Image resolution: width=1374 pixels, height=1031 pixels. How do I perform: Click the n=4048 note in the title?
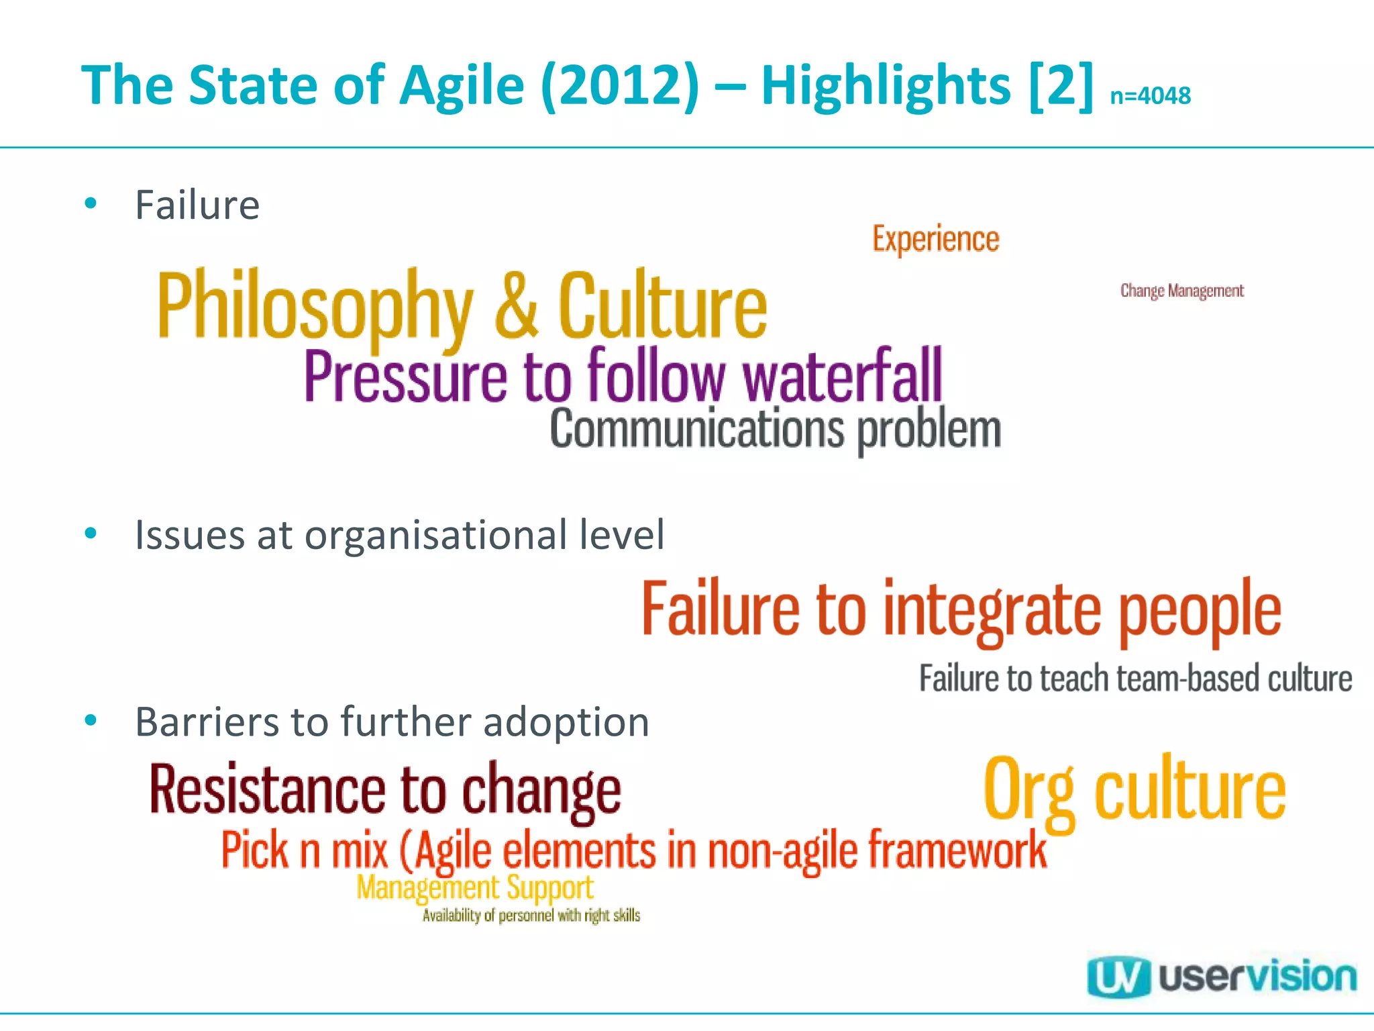pos(1150,96)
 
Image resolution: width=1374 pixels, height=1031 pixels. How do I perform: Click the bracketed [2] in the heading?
pos(1060,86)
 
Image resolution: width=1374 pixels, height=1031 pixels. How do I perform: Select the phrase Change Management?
pos(1181,291)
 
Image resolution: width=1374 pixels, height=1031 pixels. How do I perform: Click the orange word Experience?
pos(935,239)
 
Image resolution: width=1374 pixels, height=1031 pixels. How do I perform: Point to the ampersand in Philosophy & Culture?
pos(515,305)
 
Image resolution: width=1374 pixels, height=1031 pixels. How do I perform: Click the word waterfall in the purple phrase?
pos(842,376)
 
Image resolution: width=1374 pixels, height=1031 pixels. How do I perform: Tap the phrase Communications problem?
pos(775,430)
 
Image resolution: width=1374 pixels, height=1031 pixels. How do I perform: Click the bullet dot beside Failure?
pos(91,203)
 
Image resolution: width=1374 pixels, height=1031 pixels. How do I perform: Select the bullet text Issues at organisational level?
pos(400,535)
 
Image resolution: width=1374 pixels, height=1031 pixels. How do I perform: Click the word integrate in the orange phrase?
pos(992,609)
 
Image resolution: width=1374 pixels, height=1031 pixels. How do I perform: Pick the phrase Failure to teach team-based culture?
pos(1135,678)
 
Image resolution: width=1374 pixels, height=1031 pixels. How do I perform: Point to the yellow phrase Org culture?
pos(1134,789)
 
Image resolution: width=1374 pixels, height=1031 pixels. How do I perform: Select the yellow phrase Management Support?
pos(474,888)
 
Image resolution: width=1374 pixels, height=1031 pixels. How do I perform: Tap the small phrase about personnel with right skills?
pos(531,916)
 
